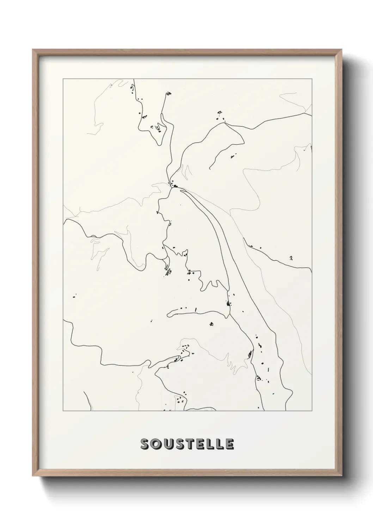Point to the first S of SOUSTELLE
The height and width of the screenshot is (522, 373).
145,444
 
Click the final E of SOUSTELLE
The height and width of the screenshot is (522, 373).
229,444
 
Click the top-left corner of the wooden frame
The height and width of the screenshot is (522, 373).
33,50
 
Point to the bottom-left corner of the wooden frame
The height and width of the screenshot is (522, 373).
33,477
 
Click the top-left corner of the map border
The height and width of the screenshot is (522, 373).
63,79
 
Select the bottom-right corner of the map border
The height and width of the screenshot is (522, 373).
312,411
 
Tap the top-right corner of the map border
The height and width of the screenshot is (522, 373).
312,79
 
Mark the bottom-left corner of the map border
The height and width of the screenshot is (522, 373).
63,411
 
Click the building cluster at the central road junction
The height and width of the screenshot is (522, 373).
174,184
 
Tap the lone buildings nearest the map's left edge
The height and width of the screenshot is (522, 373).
74,296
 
